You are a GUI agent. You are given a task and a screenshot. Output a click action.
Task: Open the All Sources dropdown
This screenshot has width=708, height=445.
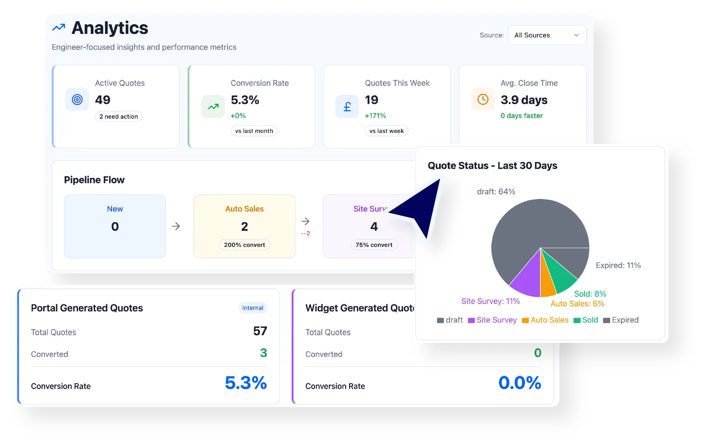[546, 35]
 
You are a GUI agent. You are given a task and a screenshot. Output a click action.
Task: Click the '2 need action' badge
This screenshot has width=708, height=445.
[119, 117]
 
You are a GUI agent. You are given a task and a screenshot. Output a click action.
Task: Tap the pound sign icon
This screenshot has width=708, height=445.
[347, 107]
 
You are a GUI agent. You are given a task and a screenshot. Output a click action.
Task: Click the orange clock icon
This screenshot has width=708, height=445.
[482, 99]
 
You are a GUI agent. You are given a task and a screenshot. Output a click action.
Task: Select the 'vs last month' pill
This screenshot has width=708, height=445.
[254, 131]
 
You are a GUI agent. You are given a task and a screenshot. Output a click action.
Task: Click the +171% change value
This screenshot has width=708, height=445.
[375, 116]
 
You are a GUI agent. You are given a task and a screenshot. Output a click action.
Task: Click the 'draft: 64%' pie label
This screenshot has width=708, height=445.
[496, 192]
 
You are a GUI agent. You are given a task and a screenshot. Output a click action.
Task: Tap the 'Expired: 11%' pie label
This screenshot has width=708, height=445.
[618, 266]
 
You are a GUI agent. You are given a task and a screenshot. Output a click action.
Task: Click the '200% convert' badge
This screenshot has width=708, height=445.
[244, 245]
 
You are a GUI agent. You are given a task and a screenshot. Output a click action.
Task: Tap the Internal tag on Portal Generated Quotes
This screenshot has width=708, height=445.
[252, 308]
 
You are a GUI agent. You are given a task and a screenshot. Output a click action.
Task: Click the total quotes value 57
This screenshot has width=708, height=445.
[260, 331]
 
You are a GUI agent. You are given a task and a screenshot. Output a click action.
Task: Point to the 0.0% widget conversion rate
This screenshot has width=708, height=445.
[519, 383]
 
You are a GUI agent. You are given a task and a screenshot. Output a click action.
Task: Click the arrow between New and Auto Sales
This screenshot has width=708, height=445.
[176, 226]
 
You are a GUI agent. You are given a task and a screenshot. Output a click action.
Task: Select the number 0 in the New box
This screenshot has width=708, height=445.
[115, 227]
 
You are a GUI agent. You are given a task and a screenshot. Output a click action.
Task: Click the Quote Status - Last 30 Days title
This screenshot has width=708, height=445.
[492, 166]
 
